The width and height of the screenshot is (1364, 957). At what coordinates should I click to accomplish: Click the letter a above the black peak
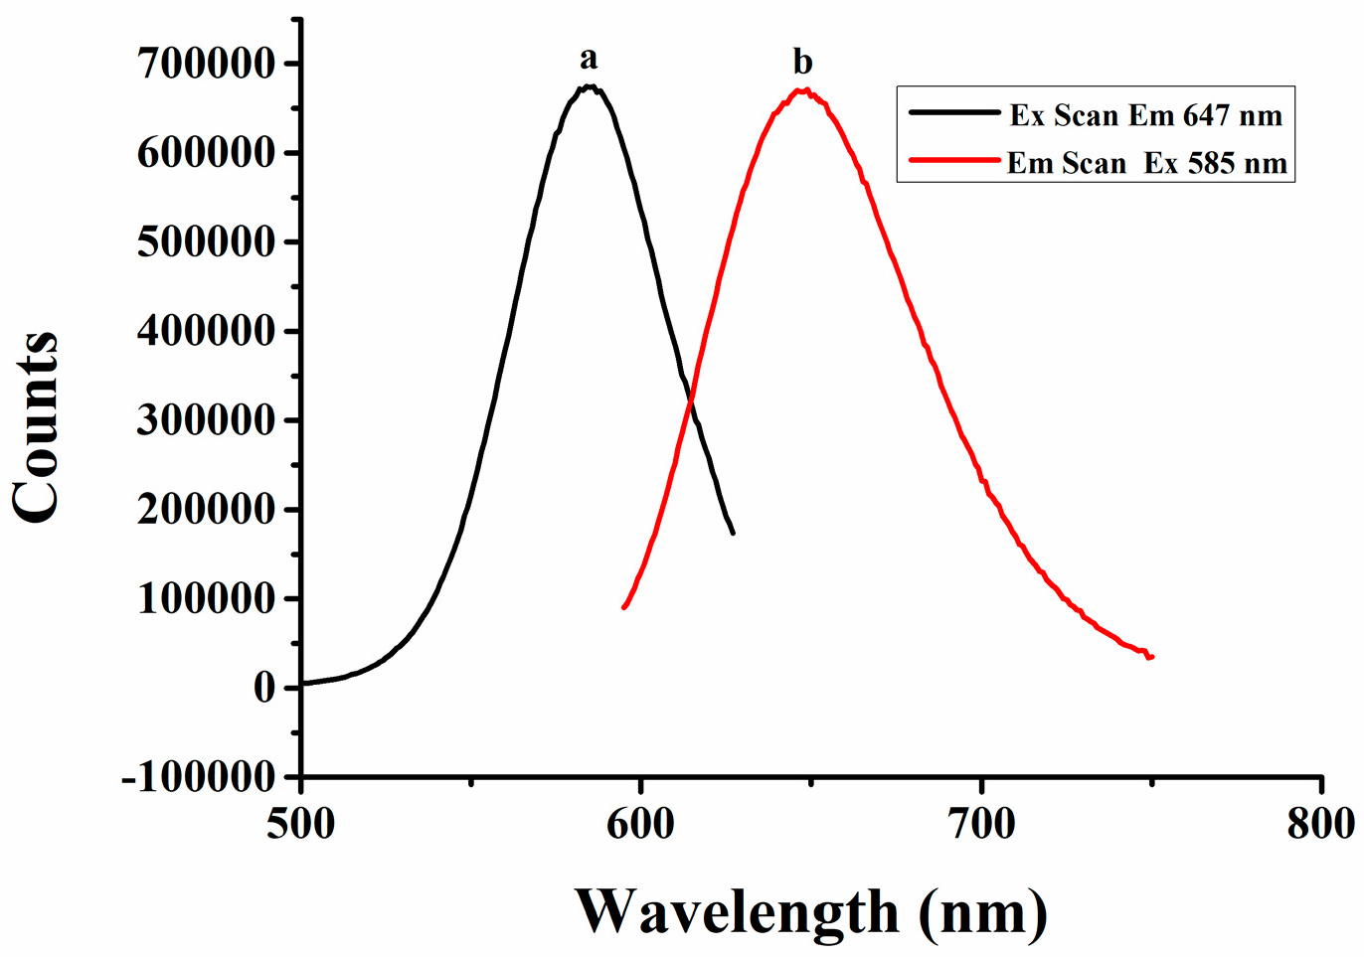point(589,60)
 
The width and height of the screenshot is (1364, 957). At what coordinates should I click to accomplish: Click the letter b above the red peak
point(802,63)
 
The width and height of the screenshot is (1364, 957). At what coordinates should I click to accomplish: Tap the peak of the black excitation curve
point(590,86)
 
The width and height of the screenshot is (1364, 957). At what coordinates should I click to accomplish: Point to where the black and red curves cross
point(690,399)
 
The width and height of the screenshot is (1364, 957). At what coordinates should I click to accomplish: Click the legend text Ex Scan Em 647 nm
point(1146,115)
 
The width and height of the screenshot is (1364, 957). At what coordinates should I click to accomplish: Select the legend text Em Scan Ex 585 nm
point(1146,163)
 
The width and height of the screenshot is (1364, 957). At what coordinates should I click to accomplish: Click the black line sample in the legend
point(953,113)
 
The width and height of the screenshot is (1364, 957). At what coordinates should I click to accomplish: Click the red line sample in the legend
point(953,160)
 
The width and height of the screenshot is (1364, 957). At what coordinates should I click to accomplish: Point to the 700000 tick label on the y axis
point(205,65)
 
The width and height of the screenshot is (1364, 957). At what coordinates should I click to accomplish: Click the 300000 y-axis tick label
point(205,420)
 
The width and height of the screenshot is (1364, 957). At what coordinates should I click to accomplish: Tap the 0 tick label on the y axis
point(263,688)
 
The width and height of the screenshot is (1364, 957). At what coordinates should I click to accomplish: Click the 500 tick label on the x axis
point(300,824)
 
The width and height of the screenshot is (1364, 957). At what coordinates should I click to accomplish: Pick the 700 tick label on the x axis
point(982,824)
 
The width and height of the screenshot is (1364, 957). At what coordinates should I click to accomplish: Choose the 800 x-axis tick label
point(1320,824)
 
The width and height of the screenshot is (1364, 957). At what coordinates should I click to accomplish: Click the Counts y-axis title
point(36,427)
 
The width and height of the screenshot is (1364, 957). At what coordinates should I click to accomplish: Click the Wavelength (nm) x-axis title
point(810,911)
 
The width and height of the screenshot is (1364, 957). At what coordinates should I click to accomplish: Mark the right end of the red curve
point(1151,657)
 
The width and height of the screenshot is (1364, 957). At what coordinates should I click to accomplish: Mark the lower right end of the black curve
point(733,533)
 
